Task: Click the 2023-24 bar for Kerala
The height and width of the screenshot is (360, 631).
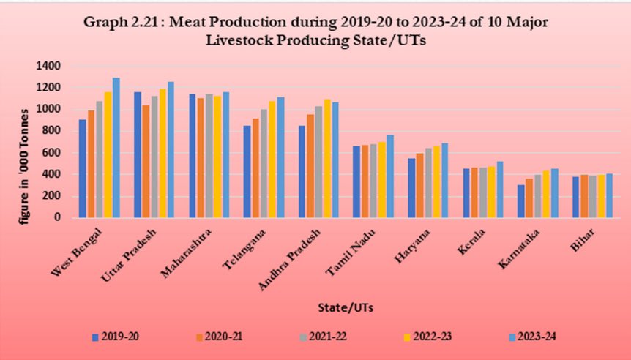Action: click(x=501, y=190)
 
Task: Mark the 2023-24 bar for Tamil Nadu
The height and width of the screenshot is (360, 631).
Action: click(x=390, y=176)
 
